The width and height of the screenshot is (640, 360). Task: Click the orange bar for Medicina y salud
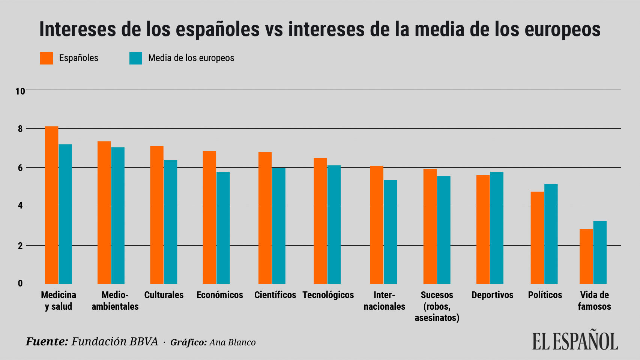[x=52, y=205]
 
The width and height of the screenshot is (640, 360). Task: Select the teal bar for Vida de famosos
[x=599, y=252]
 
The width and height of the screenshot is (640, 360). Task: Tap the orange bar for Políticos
[x=537, y=238]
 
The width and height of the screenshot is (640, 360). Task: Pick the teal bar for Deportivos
[x=497, y=228]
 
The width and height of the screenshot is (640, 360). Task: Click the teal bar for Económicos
[x=223, y=228]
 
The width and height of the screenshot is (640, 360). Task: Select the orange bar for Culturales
[x=157, y=215]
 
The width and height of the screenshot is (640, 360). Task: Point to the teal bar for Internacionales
[x=390, y=232]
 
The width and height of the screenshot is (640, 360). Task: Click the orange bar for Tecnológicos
[x=320, y=221]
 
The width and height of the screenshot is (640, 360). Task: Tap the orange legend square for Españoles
[x=47, y=58]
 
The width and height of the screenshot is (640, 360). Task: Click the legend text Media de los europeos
[x=191, y=58]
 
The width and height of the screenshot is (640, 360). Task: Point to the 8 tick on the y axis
[x=20, y=129]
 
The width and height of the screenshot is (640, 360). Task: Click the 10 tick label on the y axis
[x=20, y=91]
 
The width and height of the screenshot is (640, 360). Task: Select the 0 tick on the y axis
[x=20, y=283]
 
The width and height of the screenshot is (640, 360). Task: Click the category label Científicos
[x=275, y=295]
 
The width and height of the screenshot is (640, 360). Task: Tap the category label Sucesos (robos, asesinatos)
[x=437, y=306]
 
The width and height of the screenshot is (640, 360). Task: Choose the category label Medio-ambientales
[x=115, y=301]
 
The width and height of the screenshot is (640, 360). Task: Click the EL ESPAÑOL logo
[x=575, y=340]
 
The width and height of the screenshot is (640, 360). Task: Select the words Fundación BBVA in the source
[x=114, y=342]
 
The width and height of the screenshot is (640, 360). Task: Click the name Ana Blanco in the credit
[x=232, y=342]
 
